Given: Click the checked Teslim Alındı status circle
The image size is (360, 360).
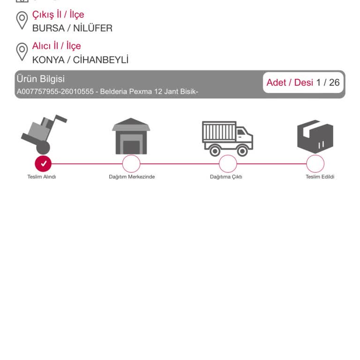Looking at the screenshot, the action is [x=43, y=164].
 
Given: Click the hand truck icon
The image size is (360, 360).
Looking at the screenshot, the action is [x=44, y=135].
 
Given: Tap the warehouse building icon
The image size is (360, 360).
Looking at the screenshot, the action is [x=131, y=136].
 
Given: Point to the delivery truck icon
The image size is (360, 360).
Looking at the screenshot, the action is [x=227, y=139].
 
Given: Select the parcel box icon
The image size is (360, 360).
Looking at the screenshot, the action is [x=315, y=136].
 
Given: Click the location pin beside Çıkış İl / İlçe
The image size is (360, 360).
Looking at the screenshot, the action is [x=22, y=21].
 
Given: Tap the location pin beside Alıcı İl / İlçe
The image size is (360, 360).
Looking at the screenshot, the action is [x=22, y=52].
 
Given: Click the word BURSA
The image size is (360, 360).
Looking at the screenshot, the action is [x=48, y=28].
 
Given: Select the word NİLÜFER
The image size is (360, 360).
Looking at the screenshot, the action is [x=93, y=28].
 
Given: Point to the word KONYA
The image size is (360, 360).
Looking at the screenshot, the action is [x=48, y=60].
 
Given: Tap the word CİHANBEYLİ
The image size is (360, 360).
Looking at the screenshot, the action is [x=101, y=60].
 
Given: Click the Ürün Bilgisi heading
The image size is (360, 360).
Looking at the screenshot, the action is [x=41, y=79].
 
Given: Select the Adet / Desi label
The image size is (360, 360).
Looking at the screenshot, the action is [x=290, y=82].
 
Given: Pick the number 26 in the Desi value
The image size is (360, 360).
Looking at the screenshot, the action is [x=334, y=82].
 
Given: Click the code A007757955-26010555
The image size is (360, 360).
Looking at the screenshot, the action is [x=55, y=91].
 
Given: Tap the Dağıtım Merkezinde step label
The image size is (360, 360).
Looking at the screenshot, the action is [x=132, y=177].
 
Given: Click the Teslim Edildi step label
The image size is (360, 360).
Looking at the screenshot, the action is [x=320, y=177].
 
